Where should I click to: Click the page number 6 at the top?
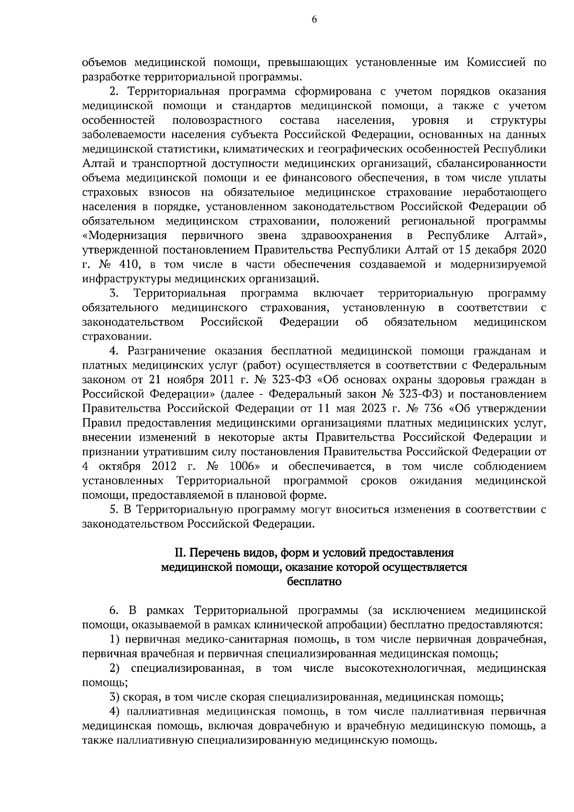coord(314,20)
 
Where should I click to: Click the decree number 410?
coord(127,264)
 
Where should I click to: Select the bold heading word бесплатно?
coord(314,582)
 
